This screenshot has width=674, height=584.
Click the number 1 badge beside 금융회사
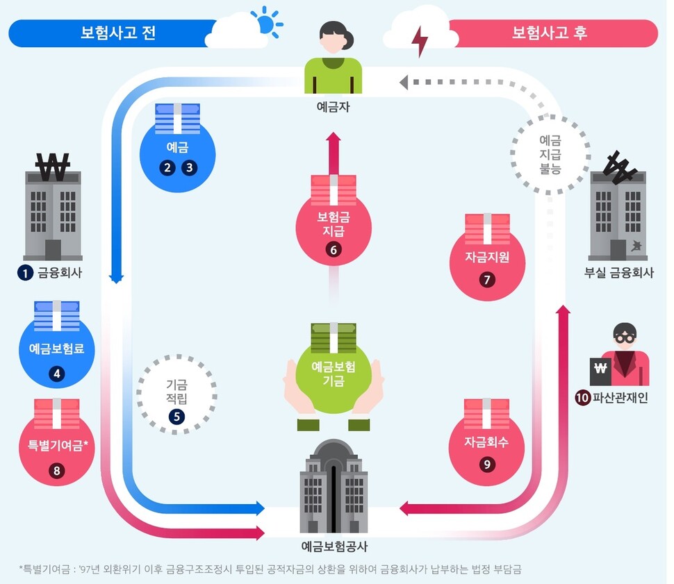pyautogui.click(x=26, y=273)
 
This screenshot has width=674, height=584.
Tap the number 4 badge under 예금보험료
pyautogui.click(x=57, y=374)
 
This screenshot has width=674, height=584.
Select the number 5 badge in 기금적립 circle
pyautogui.click(x=177, y=417)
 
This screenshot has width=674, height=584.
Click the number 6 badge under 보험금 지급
pyautogui.click(x=334, y=251)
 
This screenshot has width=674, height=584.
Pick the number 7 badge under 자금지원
pyautogui.click(x=487, y=280)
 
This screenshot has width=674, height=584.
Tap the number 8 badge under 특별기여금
pyautogui.click(x=57, y=470)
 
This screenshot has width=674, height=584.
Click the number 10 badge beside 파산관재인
pyautogui.click(x=582, y=399)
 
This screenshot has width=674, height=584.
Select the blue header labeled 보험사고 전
pyautogui.click(x=111, y=33)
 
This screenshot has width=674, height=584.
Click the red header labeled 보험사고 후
pyautogui.click(x=549, y=33)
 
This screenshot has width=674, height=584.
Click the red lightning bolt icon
pyautogui.click(x=419, y=42)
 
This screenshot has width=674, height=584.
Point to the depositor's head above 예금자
pyautogui.click(x=334, y=36)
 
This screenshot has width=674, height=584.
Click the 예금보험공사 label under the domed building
pyautogui.click(x=334, y=546)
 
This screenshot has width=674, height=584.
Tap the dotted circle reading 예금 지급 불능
pyautogui.click(x=550, y=153)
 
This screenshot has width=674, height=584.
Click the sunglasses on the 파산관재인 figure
pyautogui.click(x=624, y=337)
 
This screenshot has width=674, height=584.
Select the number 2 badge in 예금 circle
pyautogui.click(x=167, y=167)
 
